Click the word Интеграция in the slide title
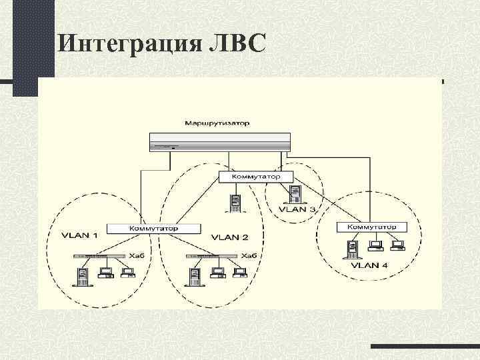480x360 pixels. click(126, 43)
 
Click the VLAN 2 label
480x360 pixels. click(229, 237)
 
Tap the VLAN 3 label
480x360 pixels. click(298, 209)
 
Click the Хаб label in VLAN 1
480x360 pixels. click(136, 255)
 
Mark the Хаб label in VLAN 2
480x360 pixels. click(249, 255)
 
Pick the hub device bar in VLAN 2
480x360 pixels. click(211, 255)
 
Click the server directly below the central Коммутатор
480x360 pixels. click(235, 203)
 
